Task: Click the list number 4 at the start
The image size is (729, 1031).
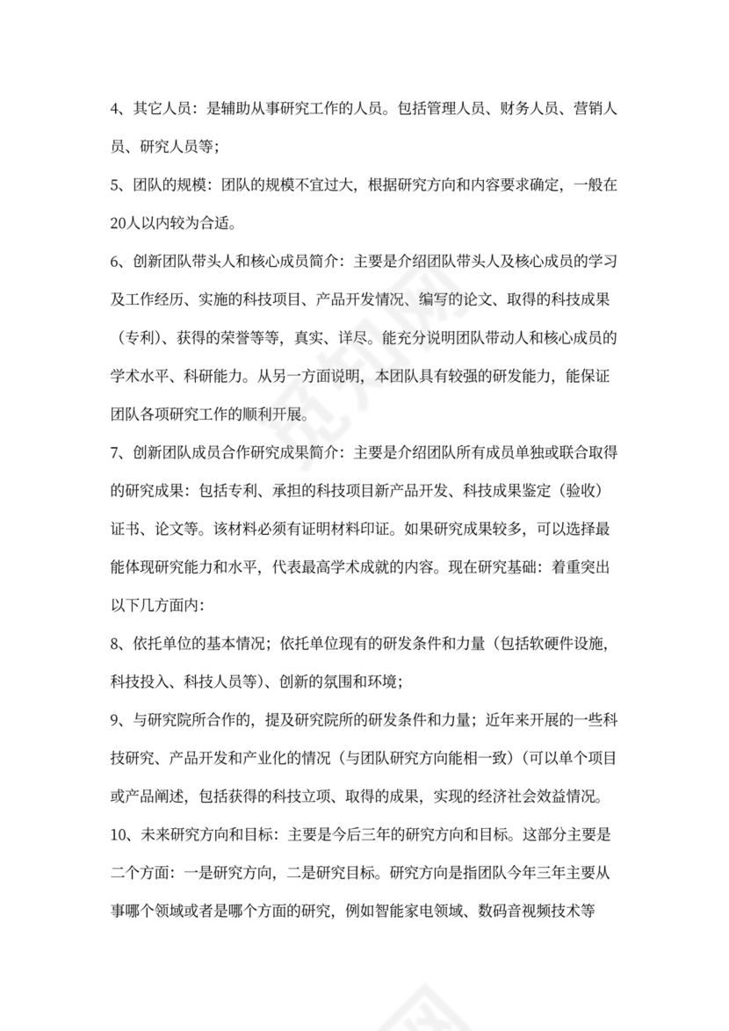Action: [115, 110]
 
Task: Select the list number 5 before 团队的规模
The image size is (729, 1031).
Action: [115, 185]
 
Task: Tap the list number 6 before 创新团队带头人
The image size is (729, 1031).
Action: [115, 261]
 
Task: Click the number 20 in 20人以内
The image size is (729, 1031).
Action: [119, 223]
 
